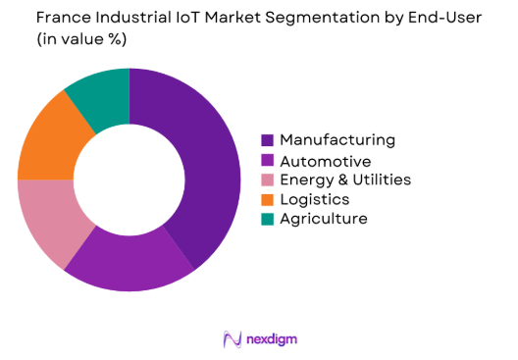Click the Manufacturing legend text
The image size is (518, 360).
click(337, 140)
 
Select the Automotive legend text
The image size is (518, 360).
click(325, 160)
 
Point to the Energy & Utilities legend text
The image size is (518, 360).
click(344, 180)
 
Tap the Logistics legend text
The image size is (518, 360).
click(315, 199)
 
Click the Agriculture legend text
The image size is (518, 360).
click(323, 219)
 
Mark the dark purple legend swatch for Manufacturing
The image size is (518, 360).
click(267, 140)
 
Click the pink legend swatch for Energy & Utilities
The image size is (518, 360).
click(267, 180)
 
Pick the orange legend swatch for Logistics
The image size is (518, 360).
click(267, 199)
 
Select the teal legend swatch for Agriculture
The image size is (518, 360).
click(267, 219)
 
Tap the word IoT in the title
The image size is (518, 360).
click(192, 19)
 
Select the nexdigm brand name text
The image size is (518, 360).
click(273, 339)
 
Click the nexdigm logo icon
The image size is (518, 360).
click(233, 339)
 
